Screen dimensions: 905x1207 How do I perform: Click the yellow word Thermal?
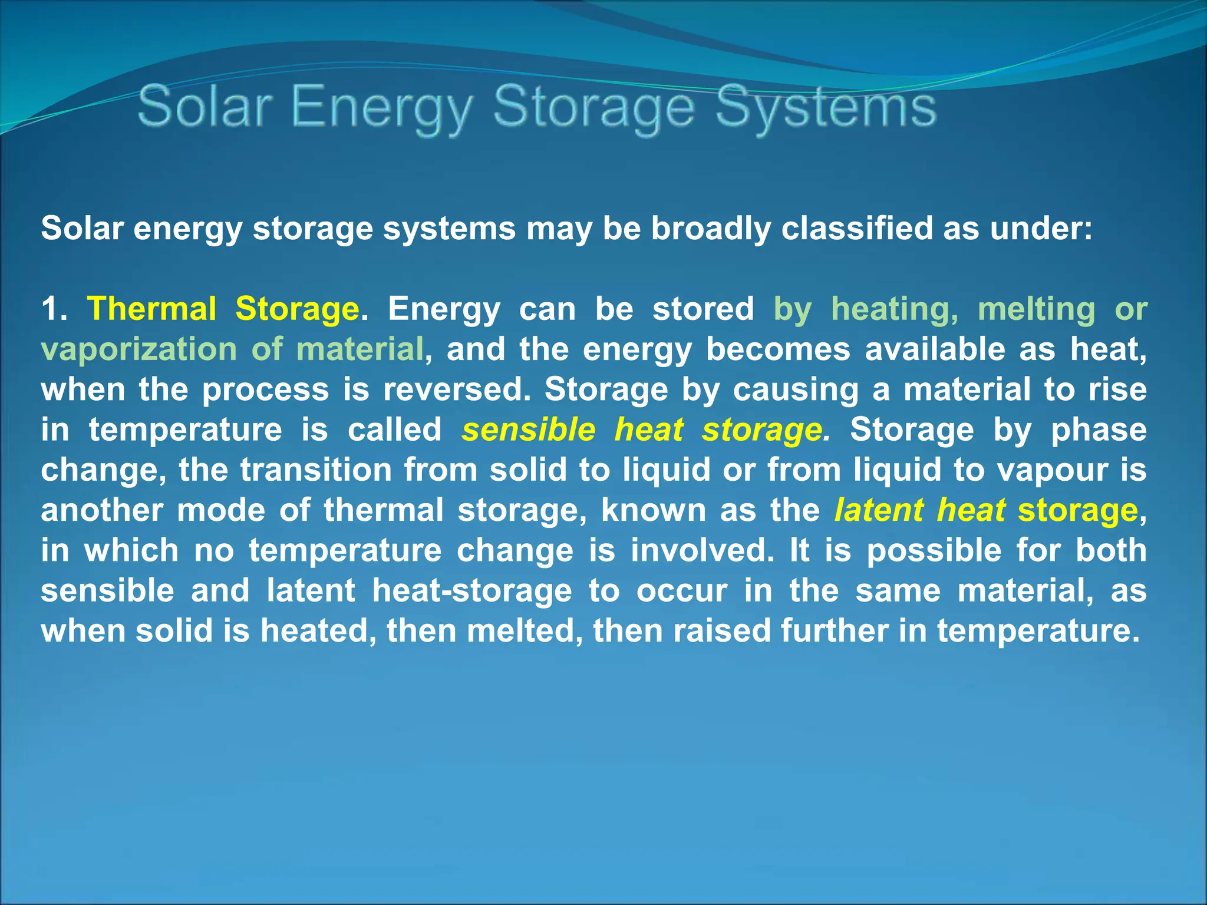pyautogui.click(x=151, y=309)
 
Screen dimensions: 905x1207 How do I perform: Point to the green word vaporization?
pyautogui.click(x=139, y=349)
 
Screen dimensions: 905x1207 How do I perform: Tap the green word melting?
pyautogui.click(x=1036, y=309)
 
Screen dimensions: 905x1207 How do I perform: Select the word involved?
pyautogui.click(x=702, y=550)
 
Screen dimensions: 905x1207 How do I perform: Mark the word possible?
pyautogui.click(x=934, y=550)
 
